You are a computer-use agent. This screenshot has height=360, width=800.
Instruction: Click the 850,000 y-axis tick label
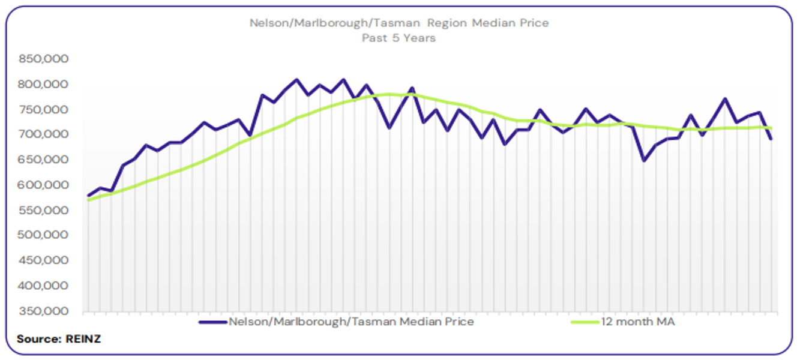click(x=44, y=59)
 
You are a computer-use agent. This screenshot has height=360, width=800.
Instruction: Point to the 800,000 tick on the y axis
click(x=44, y=84)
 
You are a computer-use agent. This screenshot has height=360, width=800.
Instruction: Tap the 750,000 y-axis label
click(x=44, y=109)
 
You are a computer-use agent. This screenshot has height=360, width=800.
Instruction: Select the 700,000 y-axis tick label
click(x=44, y=134)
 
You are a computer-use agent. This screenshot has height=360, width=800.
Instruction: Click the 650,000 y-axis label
click(x=44, y=160)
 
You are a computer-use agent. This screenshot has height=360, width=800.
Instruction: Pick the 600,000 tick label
click(x=44, y=185)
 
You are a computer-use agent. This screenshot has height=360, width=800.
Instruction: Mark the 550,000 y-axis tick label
click(x=44, y=211)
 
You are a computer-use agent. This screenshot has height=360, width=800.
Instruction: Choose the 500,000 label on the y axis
click(x=44, y=236)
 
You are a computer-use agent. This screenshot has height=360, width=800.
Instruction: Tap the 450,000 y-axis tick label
click(x=44, y=261)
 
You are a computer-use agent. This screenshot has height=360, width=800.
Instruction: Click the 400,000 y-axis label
click(x=44, y=286)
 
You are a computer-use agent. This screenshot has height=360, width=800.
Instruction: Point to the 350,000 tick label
click(x=44, y=311)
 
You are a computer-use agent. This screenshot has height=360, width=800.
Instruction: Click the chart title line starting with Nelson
click(x=399, y=23)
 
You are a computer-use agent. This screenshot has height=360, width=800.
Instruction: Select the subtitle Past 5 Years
click(x=398, y=38)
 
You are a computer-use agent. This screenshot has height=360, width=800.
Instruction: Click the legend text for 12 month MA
click(x=638, y=322)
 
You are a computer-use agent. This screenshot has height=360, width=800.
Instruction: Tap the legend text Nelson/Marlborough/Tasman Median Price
click(x=351, y=322)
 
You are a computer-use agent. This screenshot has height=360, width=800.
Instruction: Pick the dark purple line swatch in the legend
click(x=213, y=322)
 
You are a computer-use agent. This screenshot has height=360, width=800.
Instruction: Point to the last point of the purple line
click(x=771, y=139)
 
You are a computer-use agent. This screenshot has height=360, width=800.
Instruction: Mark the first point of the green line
click(x=89, y=200)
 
